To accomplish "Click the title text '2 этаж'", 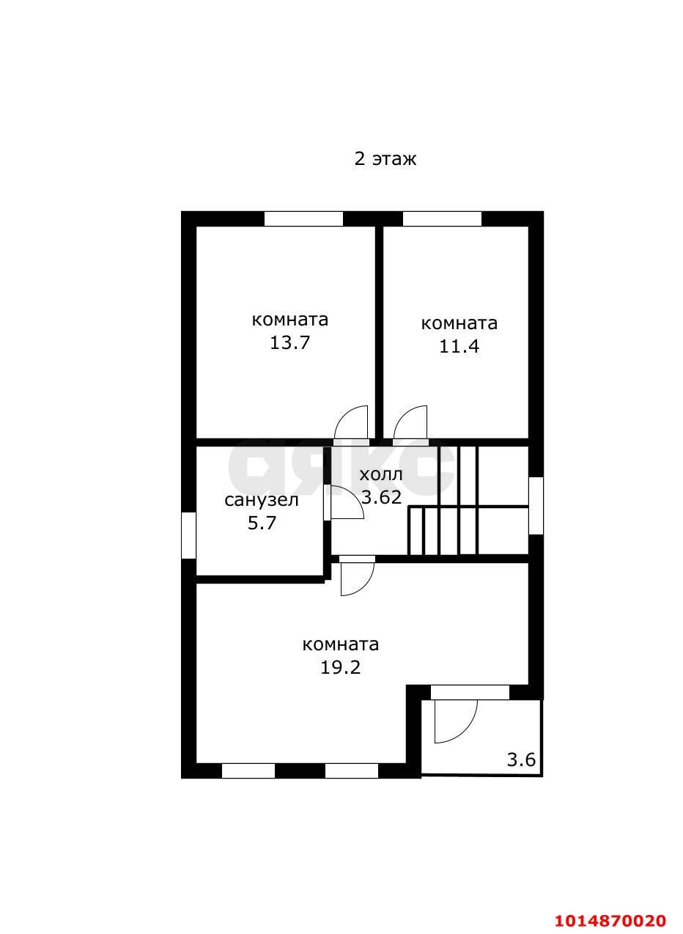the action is click(385, 159).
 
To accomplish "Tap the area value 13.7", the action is click(290, 343).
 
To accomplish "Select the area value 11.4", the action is click(459, 346).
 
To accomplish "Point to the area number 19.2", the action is click(340, 668).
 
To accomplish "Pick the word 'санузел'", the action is click(262, 500).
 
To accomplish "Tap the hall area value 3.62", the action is click(381, 497).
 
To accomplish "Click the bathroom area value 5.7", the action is click(262, 523).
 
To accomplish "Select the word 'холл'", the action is click(381, 475).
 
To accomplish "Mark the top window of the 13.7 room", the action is click(303, 219).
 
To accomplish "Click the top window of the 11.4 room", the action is click(442, 219).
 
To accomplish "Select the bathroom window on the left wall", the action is click(189, 535).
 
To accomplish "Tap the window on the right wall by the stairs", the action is click(536, 505).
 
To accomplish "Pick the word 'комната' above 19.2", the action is click(341, 644).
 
